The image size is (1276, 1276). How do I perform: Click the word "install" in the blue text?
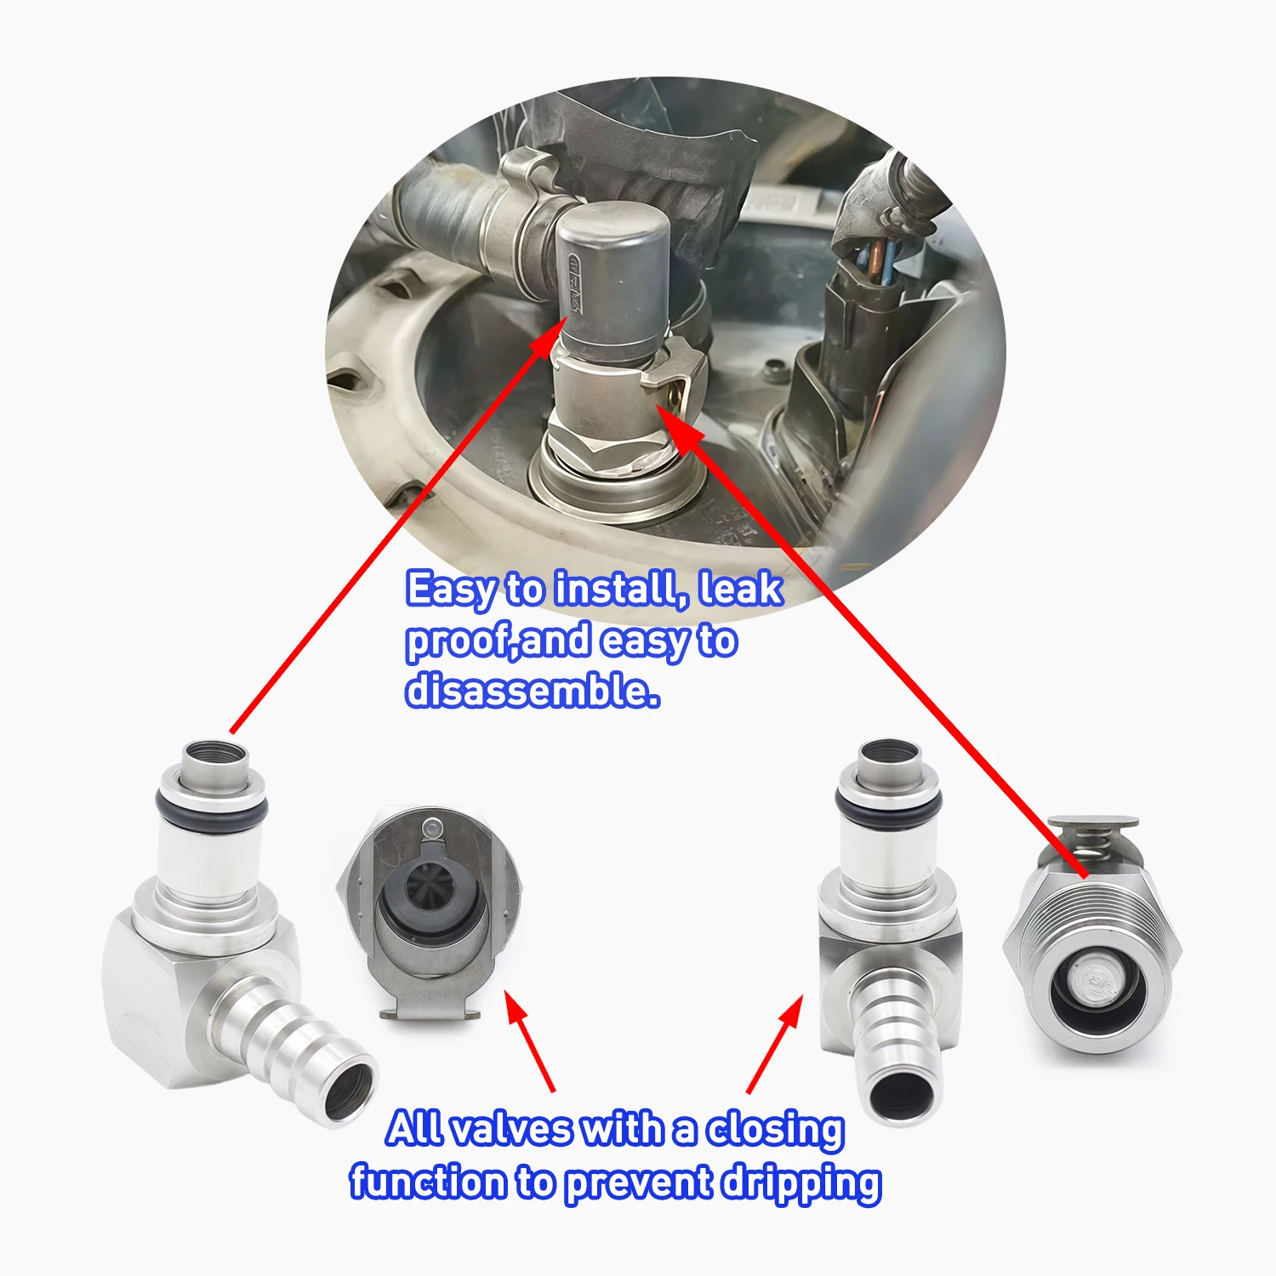[620, 589]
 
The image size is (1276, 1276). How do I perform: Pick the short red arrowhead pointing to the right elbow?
[792, 1012]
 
